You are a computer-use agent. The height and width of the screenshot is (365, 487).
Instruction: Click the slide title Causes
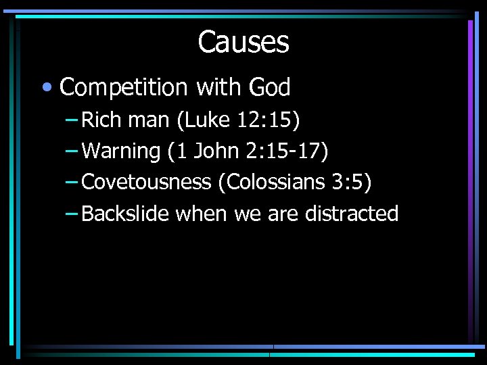coord(243,42)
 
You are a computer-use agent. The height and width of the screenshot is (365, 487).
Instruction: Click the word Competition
coord(123,87)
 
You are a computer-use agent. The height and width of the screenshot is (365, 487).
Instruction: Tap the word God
coord(269,87)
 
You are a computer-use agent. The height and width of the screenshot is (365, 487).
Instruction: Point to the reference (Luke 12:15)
coord(245,120)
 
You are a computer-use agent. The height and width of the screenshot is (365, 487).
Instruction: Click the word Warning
coord(120,151)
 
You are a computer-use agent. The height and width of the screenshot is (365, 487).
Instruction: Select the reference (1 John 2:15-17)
coord(248,151)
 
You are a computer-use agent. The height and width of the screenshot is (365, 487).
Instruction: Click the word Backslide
coord(125,214)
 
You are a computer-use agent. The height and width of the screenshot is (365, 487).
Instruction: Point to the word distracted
coord(352,214)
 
